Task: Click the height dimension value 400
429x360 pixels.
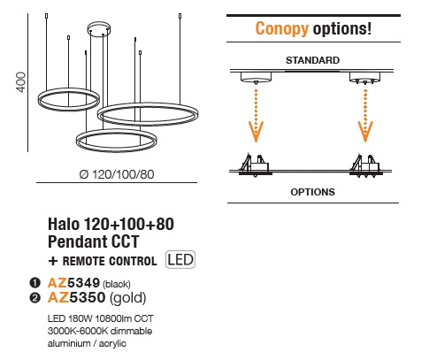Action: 22,82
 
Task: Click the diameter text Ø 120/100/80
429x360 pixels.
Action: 117,174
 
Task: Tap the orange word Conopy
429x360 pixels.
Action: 282,28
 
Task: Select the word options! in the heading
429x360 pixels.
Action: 342,28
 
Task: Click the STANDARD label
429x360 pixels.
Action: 312,60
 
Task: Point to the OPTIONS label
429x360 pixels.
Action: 312,192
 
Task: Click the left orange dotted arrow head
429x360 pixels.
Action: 256,131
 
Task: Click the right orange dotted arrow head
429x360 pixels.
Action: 365,131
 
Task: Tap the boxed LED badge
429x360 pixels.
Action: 180,260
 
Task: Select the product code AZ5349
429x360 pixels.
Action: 73,283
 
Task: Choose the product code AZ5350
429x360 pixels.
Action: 76,297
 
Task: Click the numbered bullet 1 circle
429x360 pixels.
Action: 34,283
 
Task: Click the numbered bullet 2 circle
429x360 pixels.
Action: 34,298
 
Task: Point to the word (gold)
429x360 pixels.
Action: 128,298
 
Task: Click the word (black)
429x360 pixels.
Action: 117,284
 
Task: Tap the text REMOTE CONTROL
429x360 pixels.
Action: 110,261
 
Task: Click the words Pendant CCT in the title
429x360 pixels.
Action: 93,241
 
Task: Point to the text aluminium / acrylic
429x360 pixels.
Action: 87,343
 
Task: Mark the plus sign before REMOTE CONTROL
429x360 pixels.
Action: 53,261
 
